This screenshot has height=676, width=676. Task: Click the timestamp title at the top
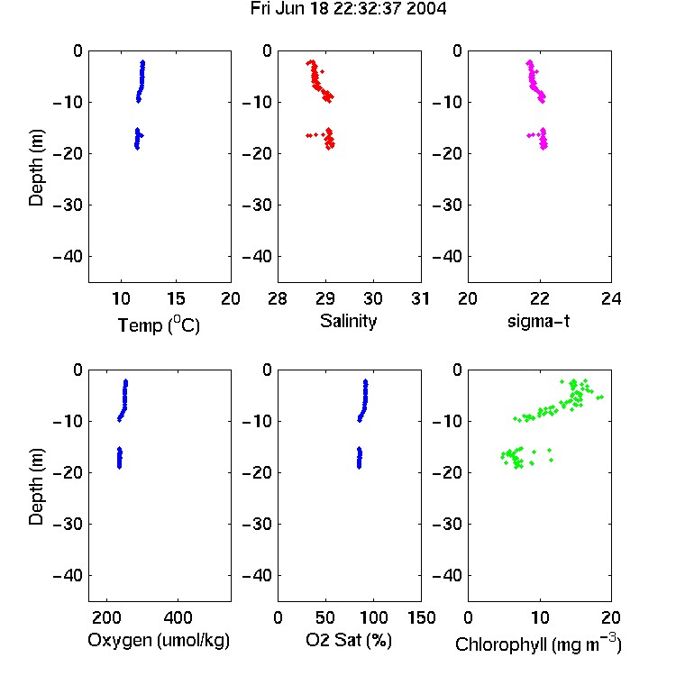click(x=348, y=9)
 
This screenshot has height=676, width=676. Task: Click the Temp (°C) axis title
click(x=159, y=324)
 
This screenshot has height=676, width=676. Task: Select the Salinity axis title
click(x=348, y=321)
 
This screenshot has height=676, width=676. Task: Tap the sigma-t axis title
click(x=538, y=321)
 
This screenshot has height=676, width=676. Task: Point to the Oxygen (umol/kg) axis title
click(x=159, y=640)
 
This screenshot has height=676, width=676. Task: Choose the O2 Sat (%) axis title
click(x=349, y=640)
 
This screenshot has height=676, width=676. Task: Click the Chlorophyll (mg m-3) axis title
click(x=538, y=643)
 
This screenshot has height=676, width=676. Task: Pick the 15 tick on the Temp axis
click(x=176, y=298)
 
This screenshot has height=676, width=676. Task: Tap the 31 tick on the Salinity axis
click(x=420, y=298)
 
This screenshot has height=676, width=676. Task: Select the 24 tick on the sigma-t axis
click(x=611, y=298)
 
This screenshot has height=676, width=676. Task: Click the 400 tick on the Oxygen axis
click(x=178, y=617)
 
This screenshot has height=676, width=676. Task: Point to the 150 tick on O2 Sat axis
click(x=422, y=617)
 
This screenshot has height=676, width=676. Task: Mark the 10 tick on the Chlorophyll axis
click(x=540, y=617)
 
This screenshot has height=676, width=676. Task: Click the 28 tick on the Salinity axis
click(x=278, y=298)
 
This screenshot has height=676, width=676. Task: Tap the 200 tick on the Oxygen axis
click(x=106, y=617)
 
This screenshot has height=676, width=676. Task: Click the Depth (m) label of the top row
click(x=36, y=168)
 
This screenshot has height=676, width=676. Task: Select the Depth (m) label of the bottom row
click(x=36, y=487)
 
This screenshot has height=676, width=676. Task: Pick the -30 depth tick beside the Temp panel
click(x=68, y=205)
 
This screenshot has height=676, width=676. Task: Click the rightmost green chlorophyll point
click(x=601, y=397)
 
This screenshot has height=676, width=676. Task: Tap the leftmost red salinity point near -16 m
click(x=308, y=135)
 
